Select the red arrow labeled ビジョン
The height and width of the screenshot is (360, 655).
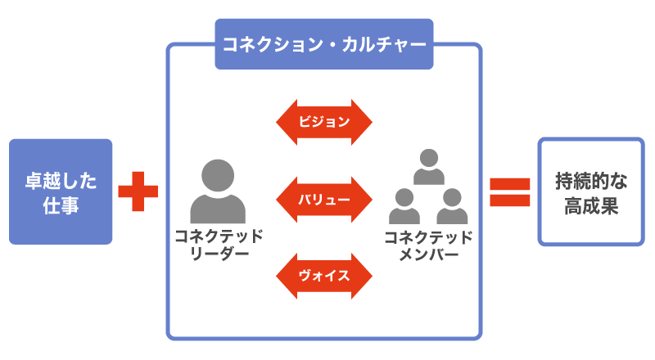[x=324, y=123]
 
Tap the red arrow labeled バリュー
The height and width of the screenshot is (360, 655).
[x=324, y=199]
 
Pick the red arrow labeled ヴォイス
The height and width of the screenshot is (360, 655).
[x=324, y=275]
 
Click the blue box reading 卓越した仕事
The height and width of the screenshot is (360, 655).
[x=61, y=191]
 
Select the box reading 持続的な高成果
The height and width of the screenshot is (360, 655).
[x=590, y=191]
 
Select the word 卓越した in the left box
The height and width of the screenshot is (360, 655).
[x=61, y=178]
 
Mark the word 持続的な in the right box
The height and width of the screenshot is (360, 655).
[x=590, y=178]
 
